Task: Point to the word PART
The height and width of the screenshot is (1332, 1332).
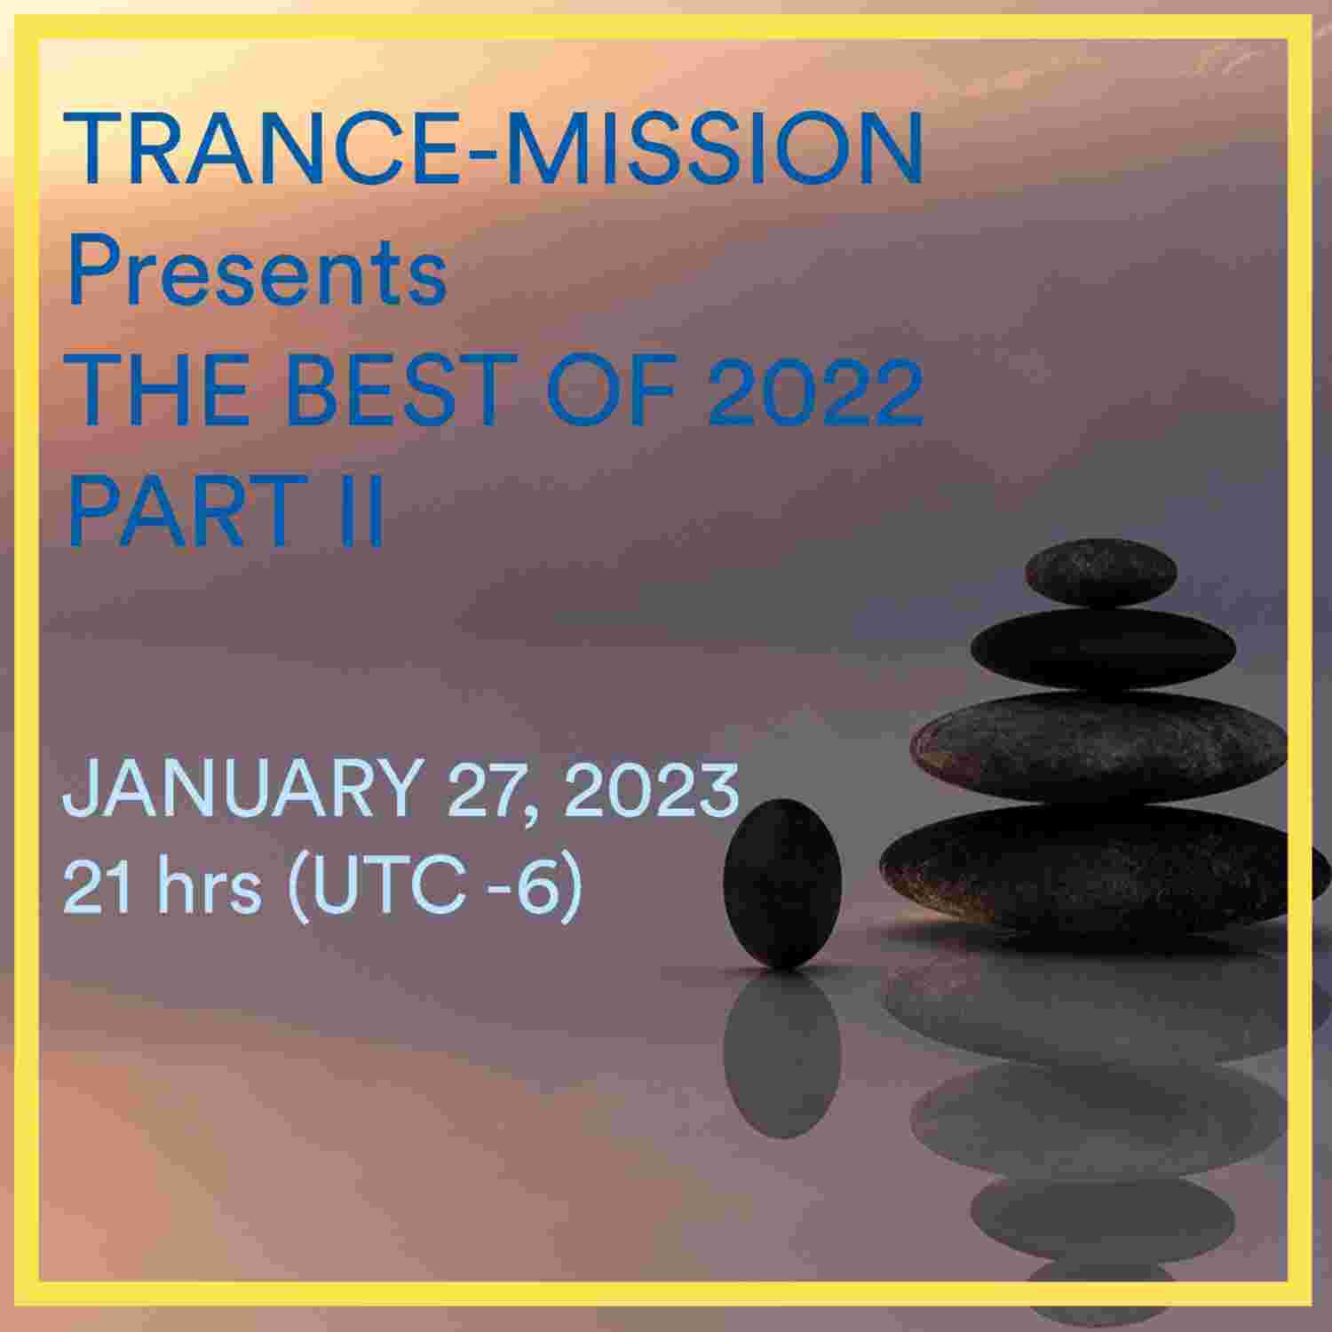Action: (182, 511)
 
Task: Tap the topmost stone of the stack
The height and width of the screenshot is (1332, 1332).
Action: (1100, 571)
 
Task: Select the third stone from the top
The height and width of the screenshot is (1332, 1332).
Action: (1099, 746)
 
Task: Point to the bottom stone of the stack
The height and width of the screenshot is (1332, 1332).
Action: (1097, 866)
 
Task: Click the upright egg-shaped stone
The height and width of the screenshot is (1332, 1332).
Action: (782, 884)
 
